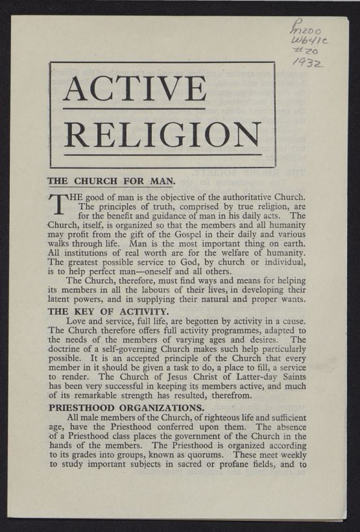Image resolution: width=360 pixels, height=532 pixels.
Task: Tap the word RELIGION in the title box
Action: coord(162,134)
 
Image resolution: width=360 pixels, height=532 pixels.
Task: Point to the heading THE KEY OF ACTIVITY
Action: coord(108,311)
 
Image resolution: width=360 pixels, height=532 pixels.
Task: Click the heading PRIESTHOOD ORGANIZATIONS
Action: coord(126,407)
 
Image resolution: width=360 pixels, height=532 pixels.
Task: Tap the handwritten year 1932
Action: coord(308,62)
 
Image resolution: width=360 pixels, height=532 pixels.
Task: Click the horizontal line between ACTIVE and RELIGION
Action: coord(134,109)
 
